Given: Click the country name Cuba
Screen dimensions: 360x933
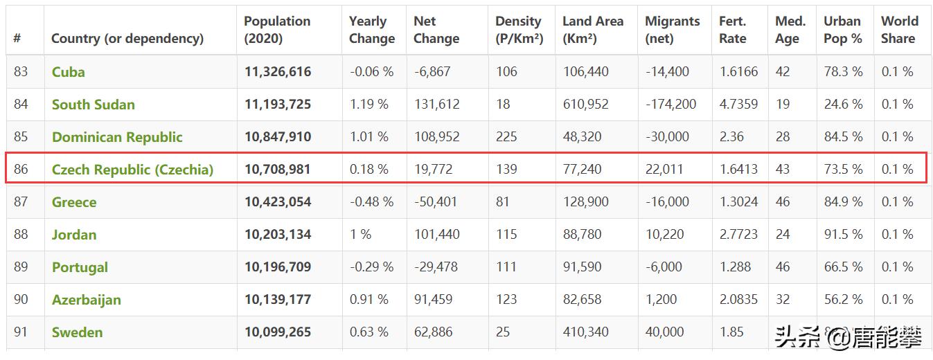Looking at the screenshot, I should tap(69, 72).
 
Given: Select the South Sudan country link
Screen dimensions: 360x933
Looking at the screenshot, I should tap(94, 105).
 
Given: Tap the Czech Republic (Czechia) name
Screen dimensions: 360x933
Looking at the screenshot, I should tap(132, 170).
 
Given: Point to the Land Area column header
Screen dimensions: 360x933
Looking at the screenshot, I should tap(592, 30).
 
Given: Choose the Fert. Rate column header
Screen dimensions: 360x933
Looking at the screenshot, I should tap(733, 30).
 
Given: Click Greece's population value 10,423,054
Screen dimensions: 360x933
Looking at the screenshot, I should tap(278, 202).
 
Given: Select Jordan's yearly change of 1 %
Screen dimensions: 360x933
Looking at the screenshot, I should tap(360, 235).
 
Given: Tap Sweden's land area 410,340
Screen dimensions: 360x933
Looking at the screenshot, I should tap(586, 332).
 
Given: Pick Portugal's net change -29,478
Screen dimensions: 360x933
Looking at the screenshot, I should tap(436, 267).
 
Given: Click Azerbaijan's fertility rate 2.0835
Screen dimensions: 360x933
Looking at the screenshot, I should tap(738, 300).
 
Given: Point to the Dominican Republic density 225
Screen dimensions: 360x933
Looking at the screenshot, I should tap(506, 137).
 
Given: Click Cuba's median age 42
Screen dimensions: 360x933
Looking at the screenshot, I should tap(783, 72).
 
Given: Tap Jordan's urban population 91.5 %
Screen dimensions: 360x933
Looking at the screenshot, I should tap(843, 235).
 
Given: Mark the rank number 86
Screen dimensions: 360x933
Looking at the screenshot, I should tap(21, 170).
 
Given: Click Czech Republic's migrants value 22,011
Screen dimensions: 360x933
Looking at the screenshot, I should tap(664, 170).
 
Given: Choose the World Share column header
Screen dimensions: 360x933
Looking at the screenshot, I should tap(899, 30).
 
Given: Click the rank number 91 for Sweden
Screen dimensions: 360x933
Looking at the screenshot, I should tap(21, 332).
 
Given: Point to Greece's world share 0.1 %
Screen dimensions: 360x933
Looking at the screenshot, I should tap(897, 202).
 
